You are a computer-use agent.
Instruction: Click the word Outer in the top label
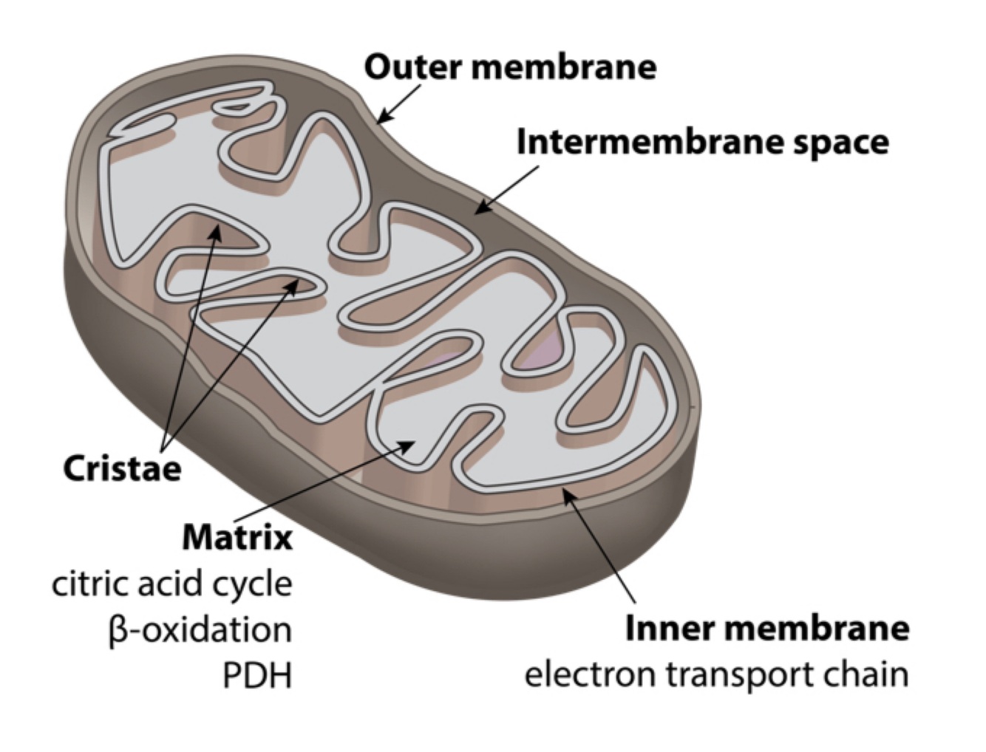(x=414, y=66)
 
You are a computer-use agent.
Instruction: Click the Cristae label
(x=122, y=468)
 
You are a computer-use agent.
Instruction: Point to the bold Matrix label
(x=237, y=537)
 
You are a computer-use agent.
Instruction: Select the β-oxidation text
(x=200, y=630)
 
